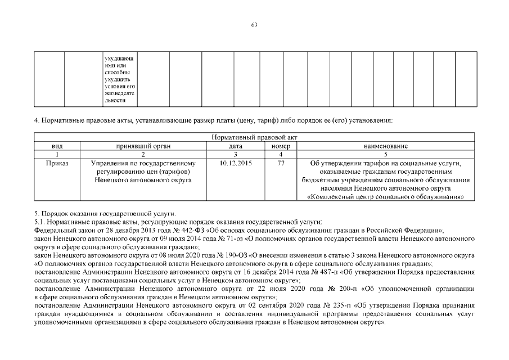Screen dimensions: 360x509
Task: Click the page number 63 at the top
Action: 254,25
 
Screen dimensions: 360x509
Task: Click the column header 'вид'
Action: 57,146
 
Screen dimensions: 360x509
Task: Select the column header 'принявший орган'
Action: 143,146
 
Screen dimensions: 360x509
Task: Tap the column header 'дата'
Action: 236,146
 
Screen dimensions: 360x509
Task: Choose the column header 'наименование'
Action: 385,146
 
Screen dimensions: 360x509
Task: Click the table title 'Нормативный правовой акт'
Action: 254,137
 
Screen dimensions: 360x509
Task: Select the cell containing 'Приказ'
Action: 57,163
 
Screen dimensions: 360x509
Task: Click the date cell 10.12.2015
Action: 236,163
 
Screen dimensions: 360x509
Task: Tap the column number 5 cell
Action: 385,154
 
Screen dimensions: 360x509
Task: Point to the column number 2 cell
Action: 143,154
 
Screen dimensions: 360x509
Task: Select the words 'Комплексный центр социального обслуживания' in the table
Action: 386,197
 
